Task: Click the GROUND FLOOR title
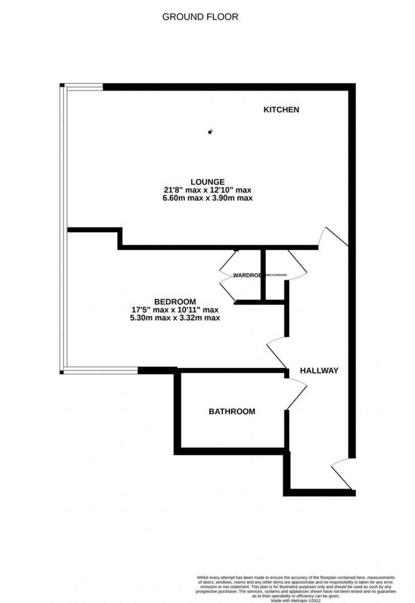coord(200,17)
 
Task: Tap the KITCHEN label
coord(281,109)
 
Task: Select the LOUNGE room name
coord(208,182)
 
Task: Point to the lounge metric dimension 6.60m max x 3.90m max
coord(208,198)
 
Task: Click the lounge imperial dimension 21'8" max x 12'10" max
coord(208,190)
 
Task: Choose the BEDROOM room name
coord(175,302)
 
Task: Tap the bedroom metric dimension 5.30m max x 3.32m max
coord(175,318)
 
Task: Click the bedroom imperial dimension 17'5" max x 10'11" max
coord(175,310)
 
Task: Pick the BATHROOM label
coord(232,412)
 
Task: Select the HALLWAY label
coord(319,370)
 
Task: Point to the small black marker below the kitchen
coord(210,132)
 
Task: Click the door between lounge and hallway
coord(333,237)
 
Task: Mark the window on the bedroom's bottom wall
coord(101,370)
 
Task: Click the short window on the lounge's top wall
coord(84,86)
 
